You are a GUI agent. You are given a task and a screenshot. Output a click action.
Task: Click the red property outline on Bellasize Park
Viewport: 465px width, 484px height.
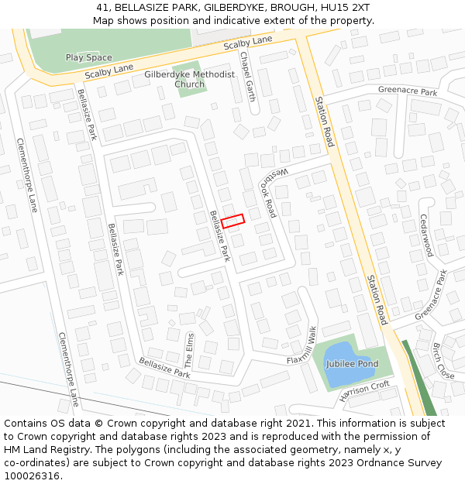[x=232, y=221]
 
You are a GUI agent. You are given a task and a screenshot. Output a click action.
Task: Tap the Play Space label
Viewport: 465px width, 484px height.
[x=88, y=57]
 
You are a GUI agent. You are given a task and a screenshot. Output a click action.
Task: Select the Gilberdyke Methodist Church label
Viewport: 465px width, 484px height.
[x=189, y=79]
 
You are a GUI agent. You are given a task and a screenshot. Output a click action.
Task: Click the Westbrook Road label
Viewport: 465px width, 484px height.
[x=267, y=191]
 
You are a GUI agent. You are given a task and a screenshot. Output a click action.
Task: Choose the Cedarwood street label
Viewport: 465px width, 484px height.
[x=425, y=235]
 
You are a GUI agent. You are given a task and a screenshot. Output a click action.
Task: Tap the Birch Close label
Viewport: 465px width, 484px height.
[x=443, y=360]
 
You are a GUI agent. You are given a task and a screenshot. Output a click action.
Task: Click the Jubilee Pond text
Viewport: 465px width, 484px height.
[x=352, y=364]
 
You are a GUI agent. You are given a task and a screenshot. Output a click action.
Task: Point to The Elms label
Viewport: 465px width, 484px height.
[x=189, y=350]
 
